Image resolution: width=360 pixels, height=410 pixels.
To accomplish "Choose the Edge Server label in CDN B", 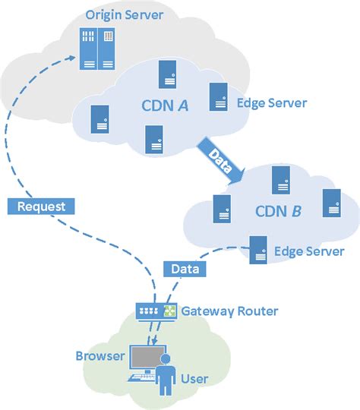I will click(x=308, y=251).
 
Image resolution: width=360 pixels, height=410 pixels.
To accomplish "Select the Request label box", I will click(x=43, y=206).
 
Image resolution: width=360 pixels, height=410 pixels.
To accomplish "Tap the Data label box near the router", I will click(x=185, y=269).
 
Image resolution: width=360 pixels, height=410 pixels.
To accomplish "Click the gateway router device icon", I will click(x=156, y=311).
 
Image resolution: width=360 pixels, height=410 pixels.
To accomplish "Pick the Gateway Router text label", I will click(x=230, y=311).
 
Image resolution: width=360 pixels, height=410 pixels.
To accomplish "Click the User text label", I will click(x=194, y=378).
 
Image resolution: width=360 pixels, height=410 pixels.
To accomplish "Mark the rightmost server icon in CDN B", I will click(x=331, y=202).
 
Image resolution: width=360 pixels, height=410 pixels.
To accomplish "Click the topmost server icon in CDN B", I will click(x=281, y=181).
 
